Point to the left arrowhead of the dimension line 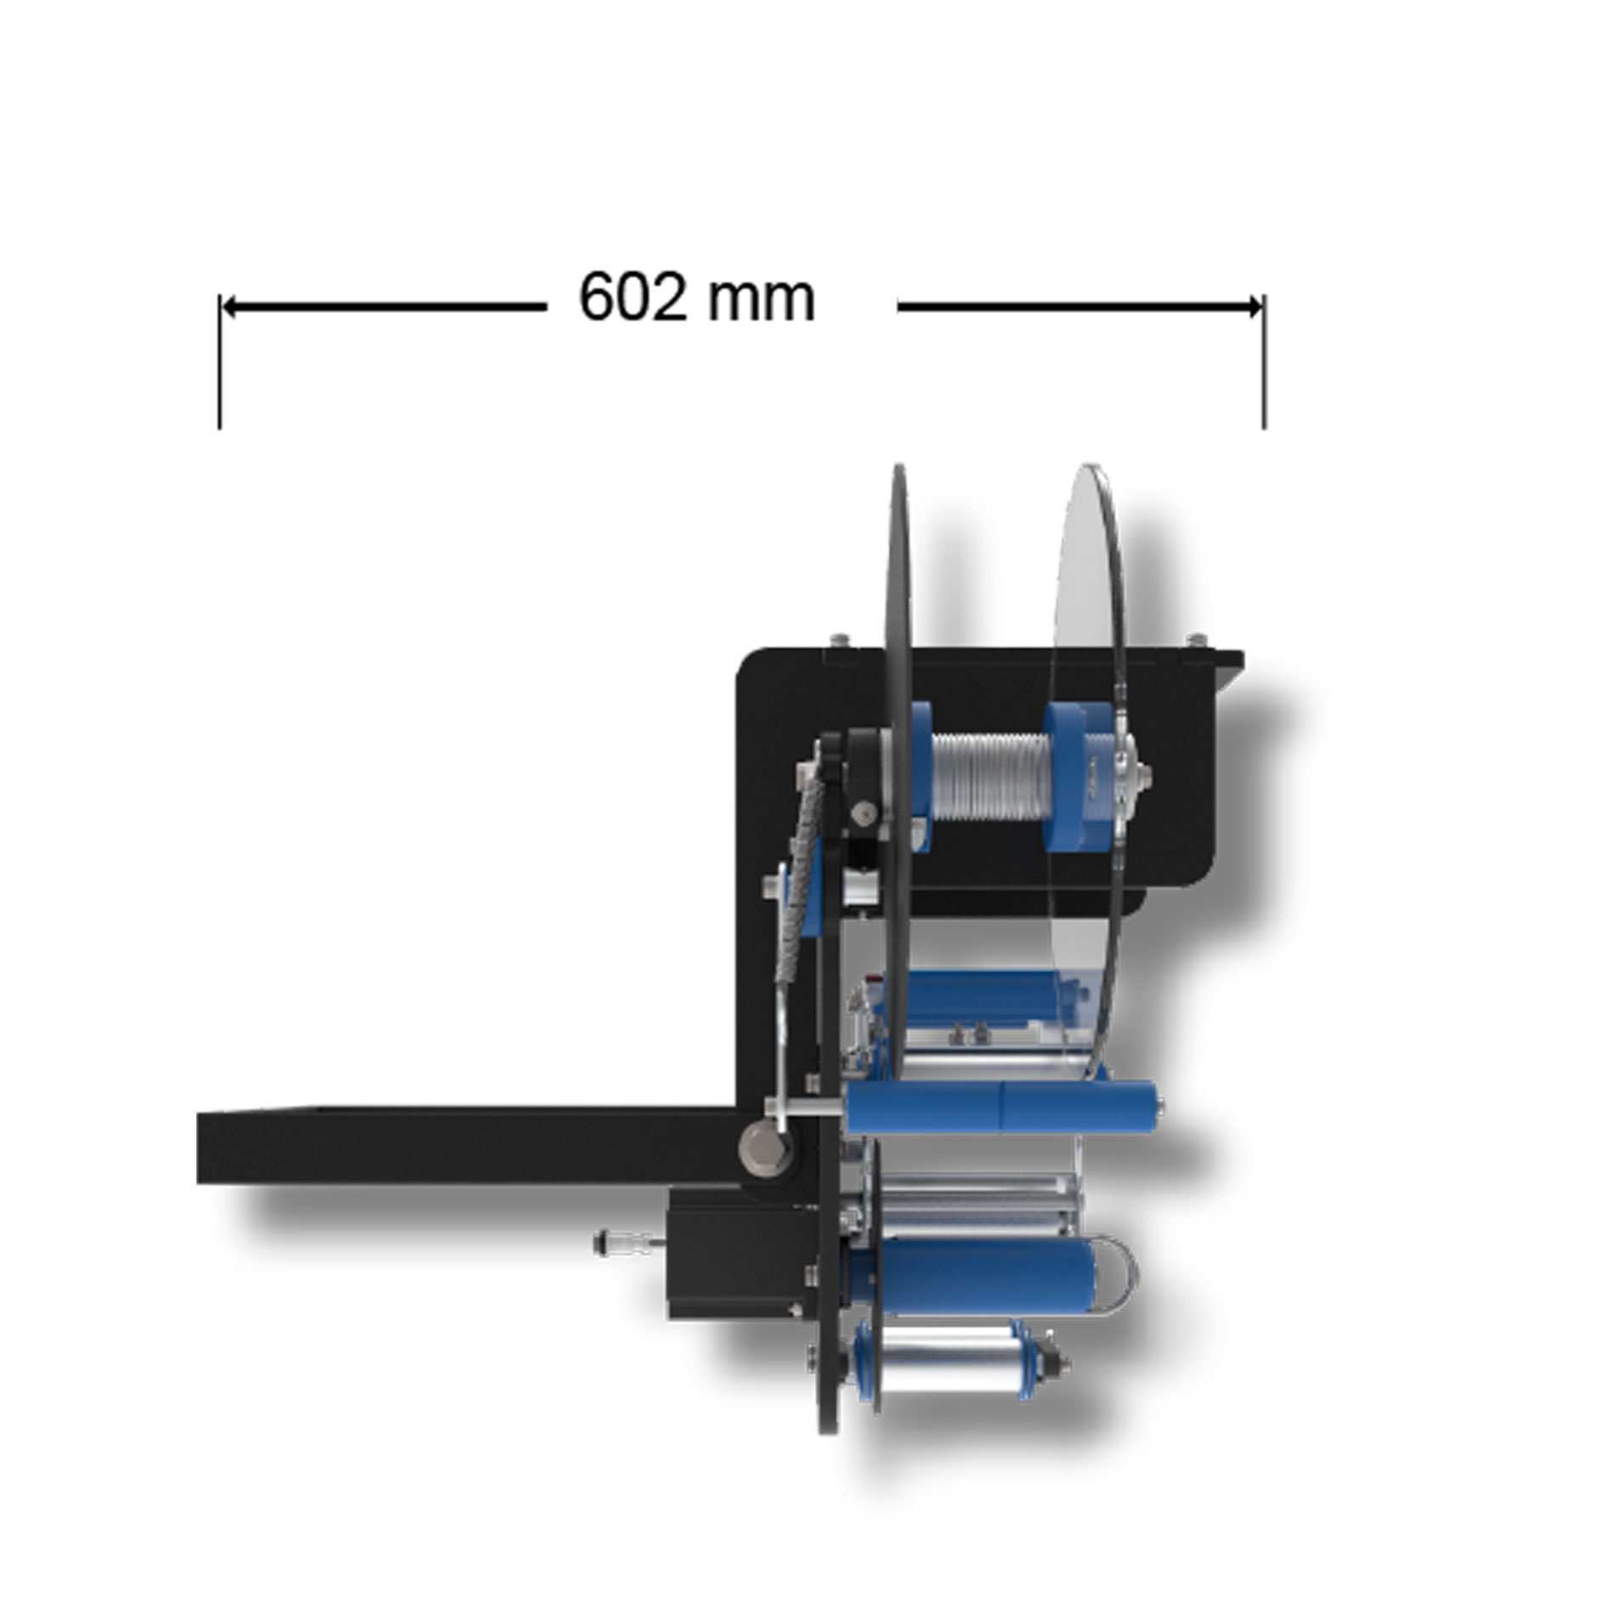[x=230, y=307]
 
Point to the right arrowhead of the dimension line [x=1253, y=307]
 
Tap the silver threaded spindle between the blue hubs [x=989, y=776]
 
